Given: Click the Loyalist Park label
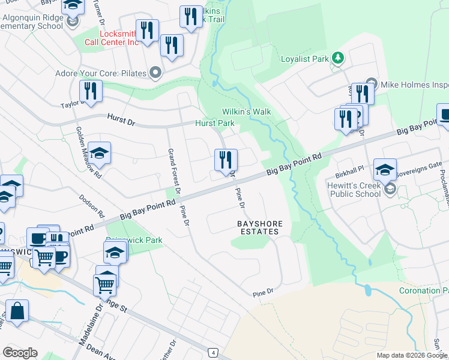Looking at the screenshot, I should (x=305, y=59).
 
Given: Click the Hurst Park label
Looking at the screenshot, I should (x=214, y=123).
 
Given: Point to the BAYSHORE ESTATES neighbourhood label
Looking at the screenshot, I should (x=259, y=227).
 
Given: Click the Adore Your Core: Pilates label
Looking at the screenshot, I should (x=108, y=73).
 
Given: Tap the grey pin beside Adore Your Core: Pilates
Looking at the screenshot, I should (x=155, y=73).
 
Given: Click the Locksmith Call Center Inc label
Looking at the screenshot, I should (x=112, y=38).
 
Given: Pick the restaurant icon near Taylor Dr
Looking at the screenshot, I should (x=91, y=91).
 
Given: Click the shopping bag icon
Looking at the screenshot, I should (x=17, y=311).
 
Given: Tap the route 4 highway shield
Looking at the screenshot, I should (x=212, y=352).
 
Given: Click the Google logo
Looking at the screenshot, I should (x=20, y=353).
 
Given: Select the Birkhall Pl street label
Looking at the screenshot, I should (x=349, y=168).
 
